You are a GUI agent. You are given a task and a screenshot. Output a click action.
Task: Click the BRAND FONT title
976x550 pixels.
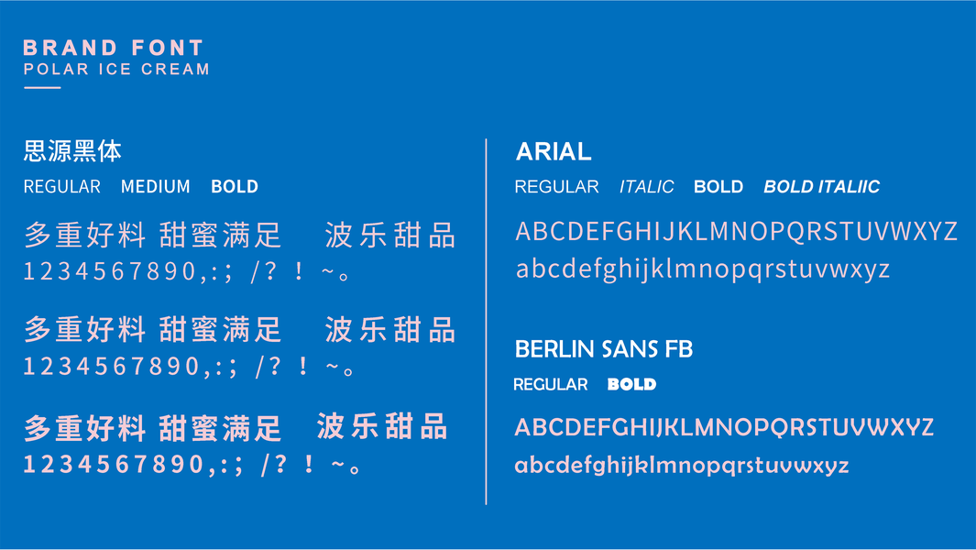click(x=114, y=48)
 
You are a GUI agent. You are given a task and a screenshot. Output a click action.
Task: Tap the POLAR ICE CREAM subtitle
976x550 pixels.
click(x=116, y=69)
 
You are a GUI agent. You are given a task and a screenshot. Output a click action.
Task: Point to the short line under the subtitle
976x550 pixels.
click(x=42, y=88)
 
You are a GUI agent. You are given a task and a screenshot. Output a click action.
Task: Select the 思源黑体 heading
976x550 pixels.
click(x=72, y=150)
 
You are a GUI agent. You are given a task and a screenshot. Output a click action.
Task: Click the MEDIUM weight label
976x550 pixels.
click(x=156, y=186)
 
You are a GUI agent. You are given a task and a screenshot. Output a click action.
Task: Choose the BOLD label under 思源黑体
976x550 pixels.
click(x=235, y=186)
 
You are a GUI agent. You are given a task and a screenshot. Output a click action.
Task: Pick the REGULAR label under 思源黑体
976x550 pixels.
click(x=62, y=186)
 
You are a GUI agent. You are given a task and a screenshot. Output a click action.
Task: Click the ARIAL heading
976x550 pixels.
click(x=554, y=151)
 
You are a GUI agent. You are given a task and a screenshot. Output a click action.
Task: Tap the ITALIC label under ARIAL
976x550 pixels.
click(x=646, y=186)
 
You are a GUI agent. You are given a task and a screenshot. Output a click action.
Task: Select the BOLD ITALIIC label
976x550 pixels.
click(x=822, y=186)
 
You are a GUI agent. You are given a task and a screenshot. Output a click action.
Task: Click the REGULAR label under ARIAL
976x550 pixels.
click(x=556, y=186)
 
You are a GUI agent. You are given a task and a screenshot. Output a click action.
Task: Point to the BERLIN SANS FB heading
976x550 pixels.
click(x=604, y=349)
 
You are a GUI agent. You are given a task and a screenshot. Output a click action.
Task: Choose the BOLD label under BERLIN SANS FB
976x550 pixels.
click(x=631, y=384)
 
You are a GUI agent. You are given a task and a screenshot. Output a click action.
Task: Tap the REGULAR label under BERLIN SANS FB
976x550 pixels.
click(x=550, y=384)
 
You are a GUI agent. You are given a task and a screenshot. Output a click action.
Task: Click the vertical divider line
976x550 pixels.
click(x=486, y=322)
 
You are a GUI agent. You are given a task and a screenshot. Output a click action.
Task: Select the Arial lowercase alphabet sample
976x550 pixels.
click(x=703, y=269)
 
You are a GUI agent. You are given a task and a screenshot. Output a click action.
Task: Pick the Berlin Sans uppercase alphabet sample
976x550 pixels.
click(x=724, y=427)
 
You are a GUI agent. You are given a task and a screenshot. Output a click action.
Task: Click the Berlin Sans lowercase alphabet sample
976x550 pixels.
click(x=682, y=466)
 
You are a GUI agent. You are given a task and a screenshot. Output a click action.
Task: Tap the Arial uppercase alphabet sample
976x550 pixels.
click(x=737, y=231)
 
